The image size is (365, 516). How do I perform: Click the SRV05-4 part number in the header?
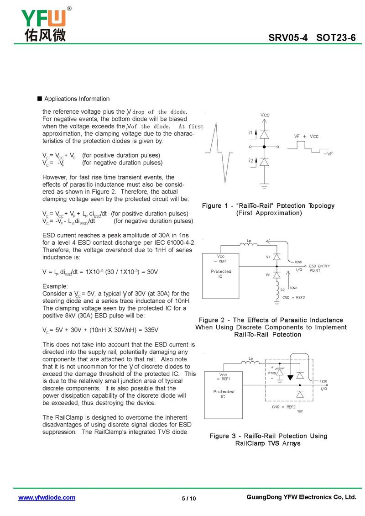(x=288, y=38)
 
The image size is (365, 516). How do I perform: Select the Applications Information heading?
(x=77, y=99)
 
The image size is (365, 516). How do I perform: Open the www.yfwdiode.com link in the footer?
(x=47, y=498)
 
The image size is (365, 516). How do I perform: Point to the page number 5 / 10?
(x=189, y=498)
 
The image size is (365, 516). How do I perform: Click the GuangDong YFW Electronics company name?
(x=301, y=497)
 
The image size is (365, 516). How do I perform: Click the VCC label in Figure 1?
(x=265, y=116)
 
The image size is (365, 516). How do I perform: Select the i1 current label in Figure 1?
(x=250, y=132)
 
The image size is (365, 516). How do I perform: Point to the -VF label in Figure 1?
(x=328, y=154)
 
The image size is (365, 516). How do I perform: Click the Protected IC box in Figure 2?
(x=221, y=276)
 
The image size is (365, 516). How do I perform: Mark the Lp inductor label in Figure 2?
(x=249, y=240)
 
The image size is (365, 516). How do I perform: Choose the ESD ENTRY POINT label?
(x=319, y=268)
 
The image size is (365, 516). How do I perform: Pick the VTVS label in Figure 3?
(x=272, y=373)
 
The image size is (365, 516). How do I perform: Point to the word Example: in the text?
(x=55, y=286)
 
